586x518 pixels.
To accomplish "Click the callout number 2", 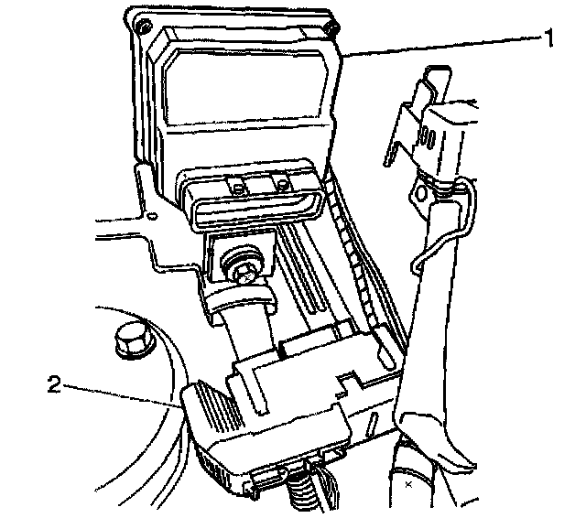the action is tap(54, 383).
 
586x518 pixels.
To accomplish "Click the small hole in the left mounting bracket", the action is tap(152, 217).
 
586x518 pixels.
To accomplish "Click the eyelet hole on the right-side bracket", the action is tap(422, 194).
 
